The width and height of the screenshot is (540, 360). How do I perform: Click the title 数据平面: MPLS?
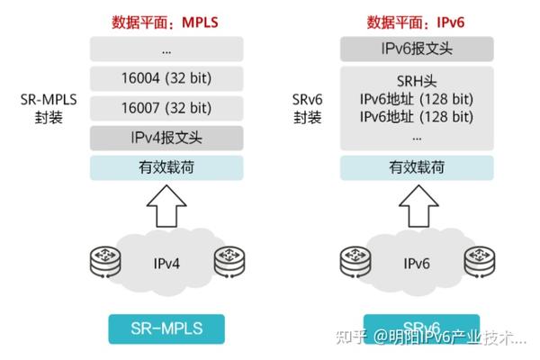(x=166, y=21)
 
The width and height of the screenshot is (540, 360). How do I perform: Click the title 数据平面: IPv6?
(x=417, y=21)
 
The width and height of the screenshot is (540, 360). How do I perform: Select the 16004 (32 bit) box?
(x=166, y=78)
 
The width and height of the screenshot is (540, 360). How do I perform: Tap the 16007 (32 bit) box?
(x=166, y=108)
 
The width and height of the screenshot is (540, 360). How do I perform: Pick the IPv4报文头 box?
(x=166, y=138)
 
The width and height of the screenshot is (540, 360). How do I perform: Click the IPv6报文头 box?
(x=417, y=49)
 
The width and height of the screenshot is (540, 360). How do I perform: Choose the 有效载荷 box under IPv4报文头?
(x=166, y=167)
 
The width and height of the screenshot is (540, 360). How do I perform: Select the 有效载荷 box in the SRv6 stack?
(x=417, y=167)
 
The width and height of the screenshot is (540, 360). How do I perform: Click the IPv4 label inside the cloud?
(x=166, y=264)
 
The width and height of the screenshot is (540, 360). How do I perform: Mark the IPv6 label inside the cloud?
(x=417, y=264)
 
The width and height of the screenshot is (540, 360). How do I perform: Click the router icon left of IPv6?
(x=355, y=261)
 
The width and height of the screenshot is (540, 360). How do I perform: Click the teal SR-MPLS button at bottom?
(x=166, y=328)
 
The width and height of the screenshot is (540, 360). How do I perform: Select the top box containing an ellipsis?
(x=166, y=49)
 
